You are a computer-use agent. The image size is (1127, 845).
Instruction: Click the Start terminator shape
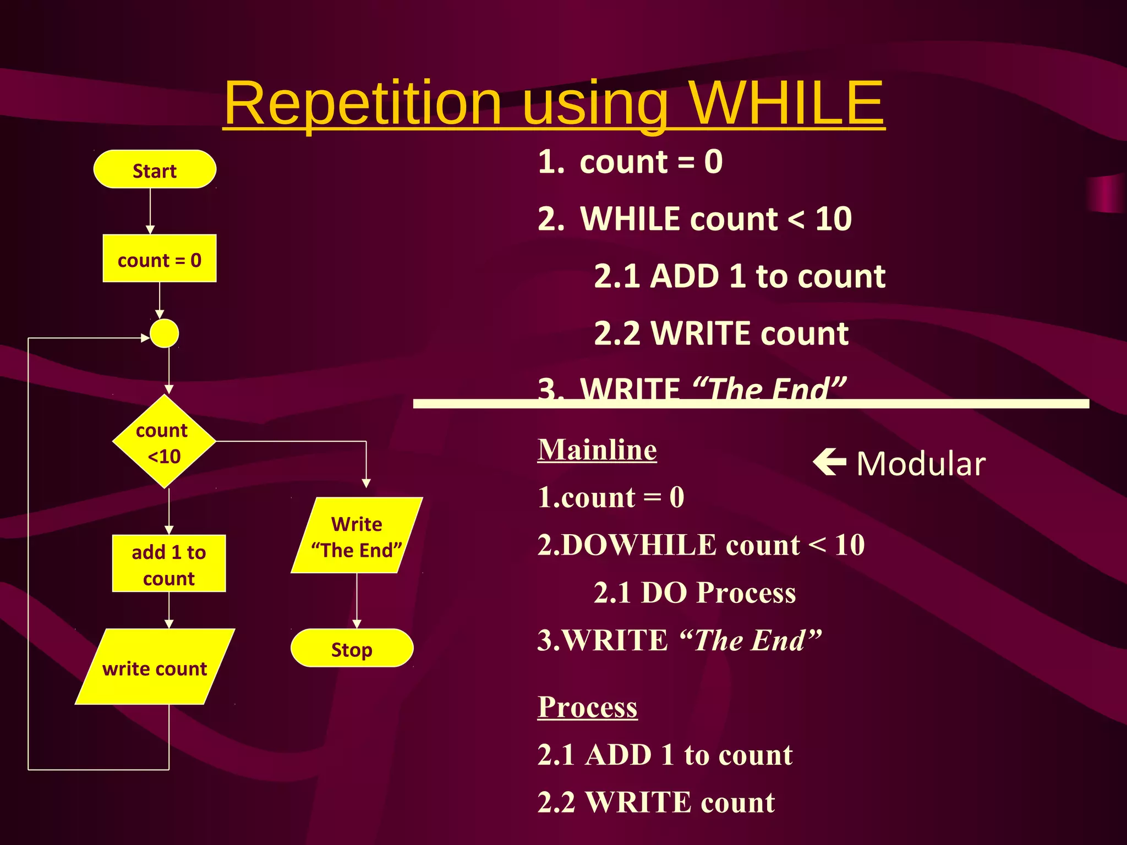pos(155,170)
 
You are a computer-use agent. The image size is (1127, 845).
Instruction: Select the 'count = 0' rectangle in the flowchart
pos(160,259)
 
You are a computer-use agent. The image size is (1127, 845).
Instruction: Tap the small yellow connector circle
pos(164,333)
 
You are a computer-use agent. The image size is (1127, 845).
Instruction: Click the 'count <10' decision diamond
pos(164,442)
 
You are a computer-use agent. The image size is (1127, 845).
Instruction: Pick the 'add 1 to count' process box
pos(169,564)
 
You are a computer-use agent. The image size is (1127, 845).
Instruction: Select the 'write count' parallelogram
pos(155,667)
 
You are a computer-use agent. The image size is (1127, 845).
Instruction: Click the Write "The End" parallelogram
pos(357,536)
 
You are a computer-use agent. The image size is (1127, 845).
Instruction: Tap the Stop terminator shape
pos(352,649)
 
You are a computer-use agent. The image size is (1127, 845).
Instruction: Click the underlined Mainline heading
pos(597,449)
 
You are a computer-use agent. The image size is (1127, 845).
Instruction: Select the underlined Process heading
pos(587,707)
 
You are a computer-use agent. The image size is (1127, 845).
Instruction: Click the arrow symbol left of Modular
pos(829,462)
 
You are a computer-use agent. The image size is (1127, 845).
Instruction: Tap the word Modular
pos(921,464)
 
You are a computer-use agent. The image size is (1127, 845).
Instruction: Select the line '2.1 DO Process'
pos(694,593)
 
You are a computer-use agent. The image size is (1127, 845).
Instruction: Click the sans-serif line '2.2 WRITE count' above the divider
pos(721,333)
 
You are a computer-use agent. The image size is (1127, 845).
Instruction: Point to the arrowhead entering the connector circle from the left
pos(145,338)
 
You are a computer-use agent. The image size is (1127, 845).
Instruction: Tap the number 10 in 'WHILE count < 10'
pos(834,219)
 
